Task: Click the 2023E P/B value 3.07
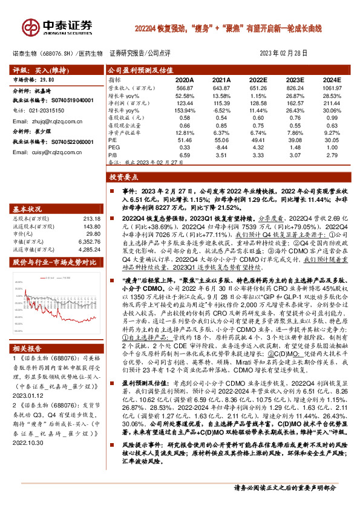coord(295,154)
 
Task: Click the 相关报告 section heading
coord(26,349)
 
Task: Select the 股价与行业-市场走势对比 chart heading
coord(55,245)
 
